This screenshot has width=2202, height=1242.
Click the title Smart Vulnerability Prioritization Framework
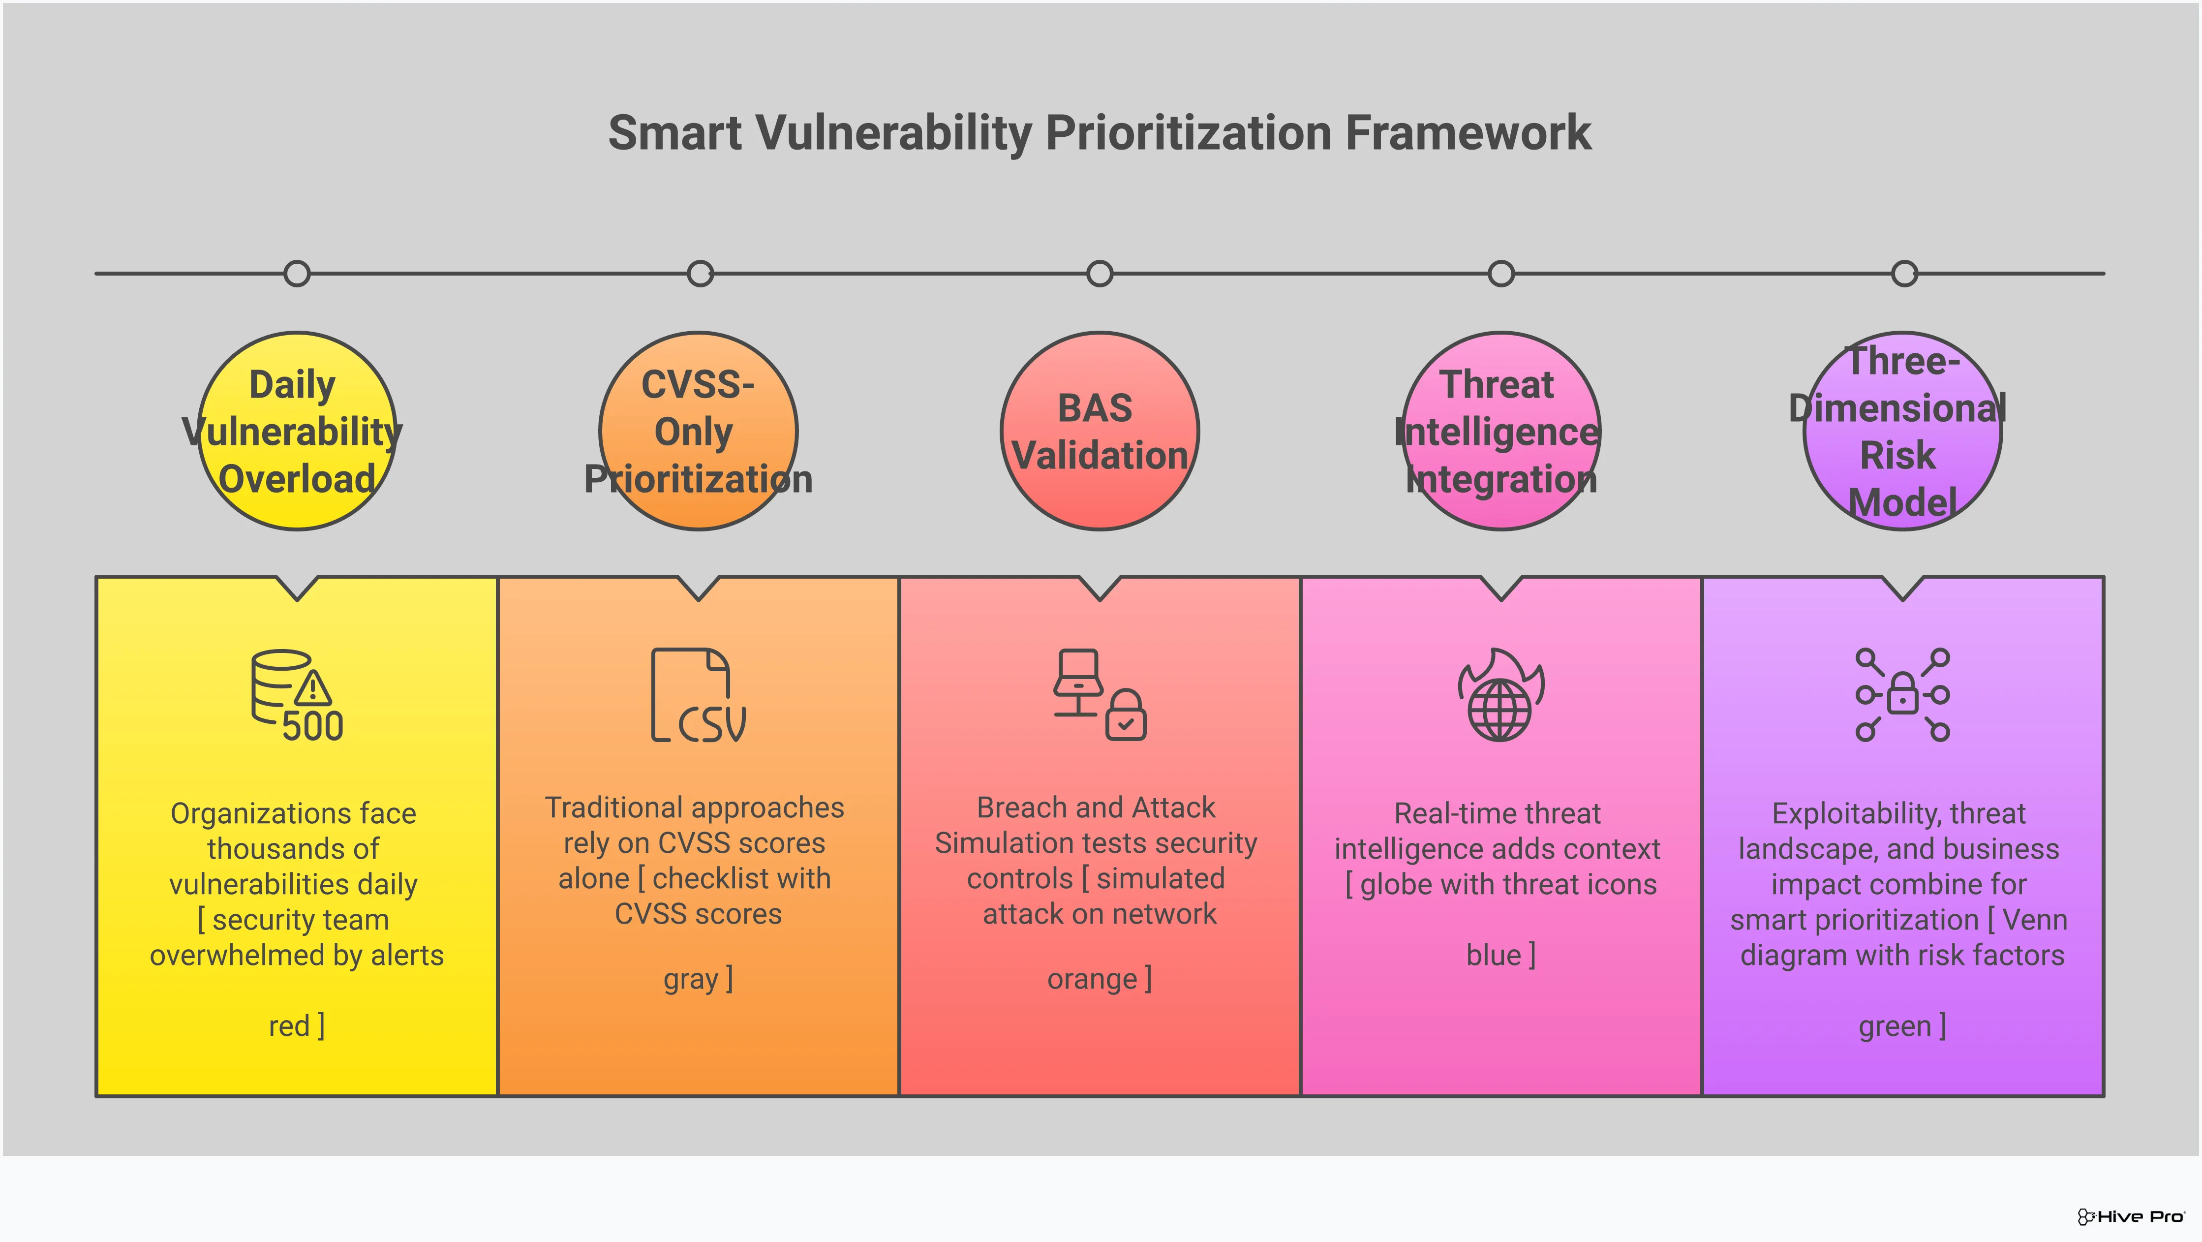tap(1100, 133)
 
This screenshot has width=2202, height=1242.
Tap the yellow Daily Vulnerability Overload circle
tap(297, 432)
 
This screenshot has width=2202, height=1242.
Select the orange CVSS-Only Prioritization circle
tap(699, 432)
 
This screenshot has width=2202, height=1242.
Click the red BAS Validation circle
tap(1100, 432)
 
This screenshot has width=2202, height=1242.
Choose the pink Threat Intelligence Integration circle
tap(1501, 432)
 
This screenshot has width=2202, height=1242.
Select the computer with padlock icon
tap(1100, 695)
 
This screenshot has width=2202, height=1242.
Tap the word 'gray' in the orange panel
tap(691, 979)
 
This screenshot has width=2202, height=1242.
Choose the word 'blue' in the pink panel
tap(1494, 955)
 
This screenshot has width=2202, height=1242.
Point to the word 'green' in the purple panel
tap(1894, 1026)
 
